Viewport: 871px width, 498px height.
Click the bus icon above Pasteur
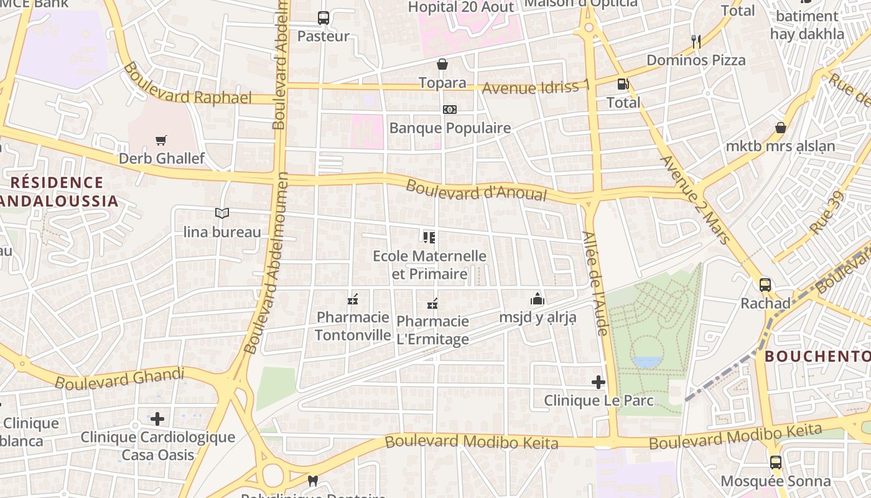[324, 18]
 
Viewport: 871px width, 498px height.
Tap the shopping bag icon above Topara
[442, 64]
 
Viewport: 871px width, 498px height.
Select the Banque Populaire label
[450, 128]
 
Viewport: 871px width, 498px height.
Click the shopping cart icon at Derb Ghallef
[161, 140]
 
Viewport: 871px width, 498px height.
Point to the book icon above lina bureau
[222, 214]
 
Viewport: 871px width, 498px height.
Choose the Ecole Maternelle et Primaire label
[429, 265]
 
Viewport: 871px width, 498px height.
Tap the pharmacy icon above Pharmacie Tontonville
[353, 300]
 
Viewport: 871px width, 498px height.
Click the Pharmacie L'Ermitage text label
[432, 330]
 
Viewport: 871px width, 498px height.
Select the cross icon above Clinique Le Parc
[599, 382]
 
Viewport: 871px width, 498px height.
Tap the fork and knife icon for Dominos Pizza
[696, 42]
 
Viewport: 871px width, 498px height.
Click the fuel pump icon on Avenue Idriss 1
[623, 83]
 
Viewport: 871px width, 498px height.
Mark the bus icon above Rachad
[765, 285]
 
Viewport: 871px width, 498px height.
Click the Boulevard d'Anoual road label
[476, 191]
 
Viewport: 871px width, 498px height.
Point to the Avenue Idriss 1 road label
[535, 87]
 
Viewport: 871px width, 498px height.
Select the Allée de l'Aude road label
[595, 283]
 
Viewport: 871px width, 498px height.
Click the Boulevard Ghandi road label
[119, 378]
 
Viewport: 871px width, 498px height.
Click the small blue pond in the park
[647, 362]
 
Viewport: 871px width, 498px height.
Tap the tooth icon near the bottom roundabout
[313, 481]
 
